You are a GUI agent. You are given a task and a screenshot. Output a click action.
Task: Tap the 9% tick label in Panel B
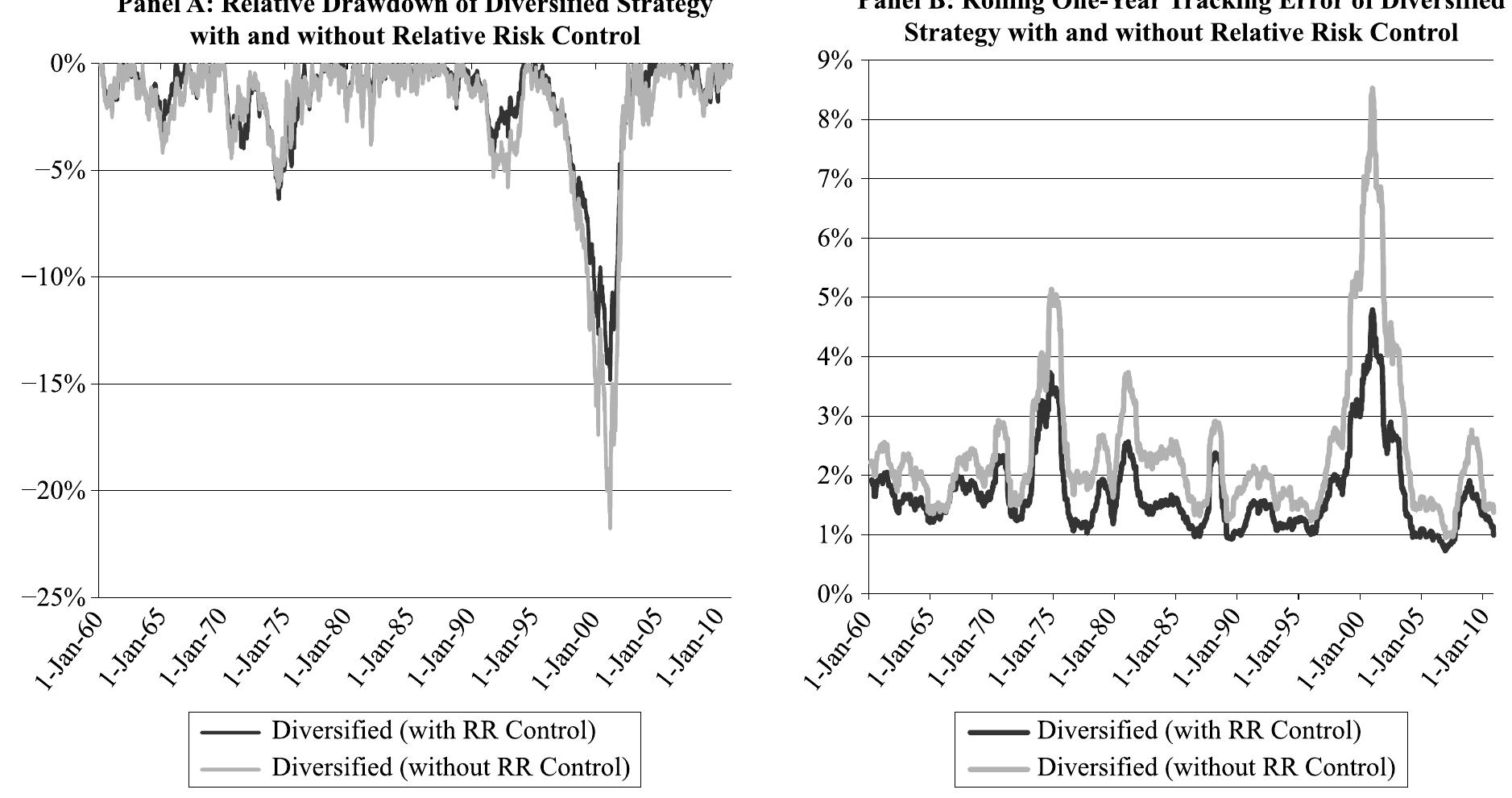835,61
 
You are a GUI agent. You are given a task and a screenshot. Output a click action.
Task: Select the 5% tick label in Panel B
835,297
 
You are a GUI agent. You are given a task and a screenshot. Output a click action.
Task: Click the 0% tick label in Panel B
835,594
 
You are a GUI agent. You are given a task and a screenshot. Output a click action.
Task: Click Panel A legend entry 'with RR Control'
433,731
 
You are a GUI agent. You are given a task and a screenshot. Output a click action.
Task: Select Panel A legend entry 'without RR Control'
450,767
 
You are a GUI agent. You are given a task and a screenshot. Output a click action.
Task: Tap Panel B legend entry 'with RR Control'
1199,731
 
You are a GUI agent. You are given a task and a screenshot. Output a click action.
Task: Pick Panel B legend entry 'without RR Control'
1216,767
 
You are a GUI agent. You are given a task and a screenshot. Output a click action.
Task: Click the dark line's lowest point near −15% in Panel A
610,379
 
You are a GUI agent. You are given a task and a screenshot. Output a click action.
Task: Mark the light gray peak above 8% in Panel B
1372,89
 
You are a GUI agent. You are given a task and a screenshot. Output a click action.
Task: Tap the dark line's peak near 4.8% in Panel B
1372,310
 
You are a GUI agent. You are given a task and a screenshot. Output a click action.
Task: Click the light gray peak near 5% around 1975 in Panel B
1051,290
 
